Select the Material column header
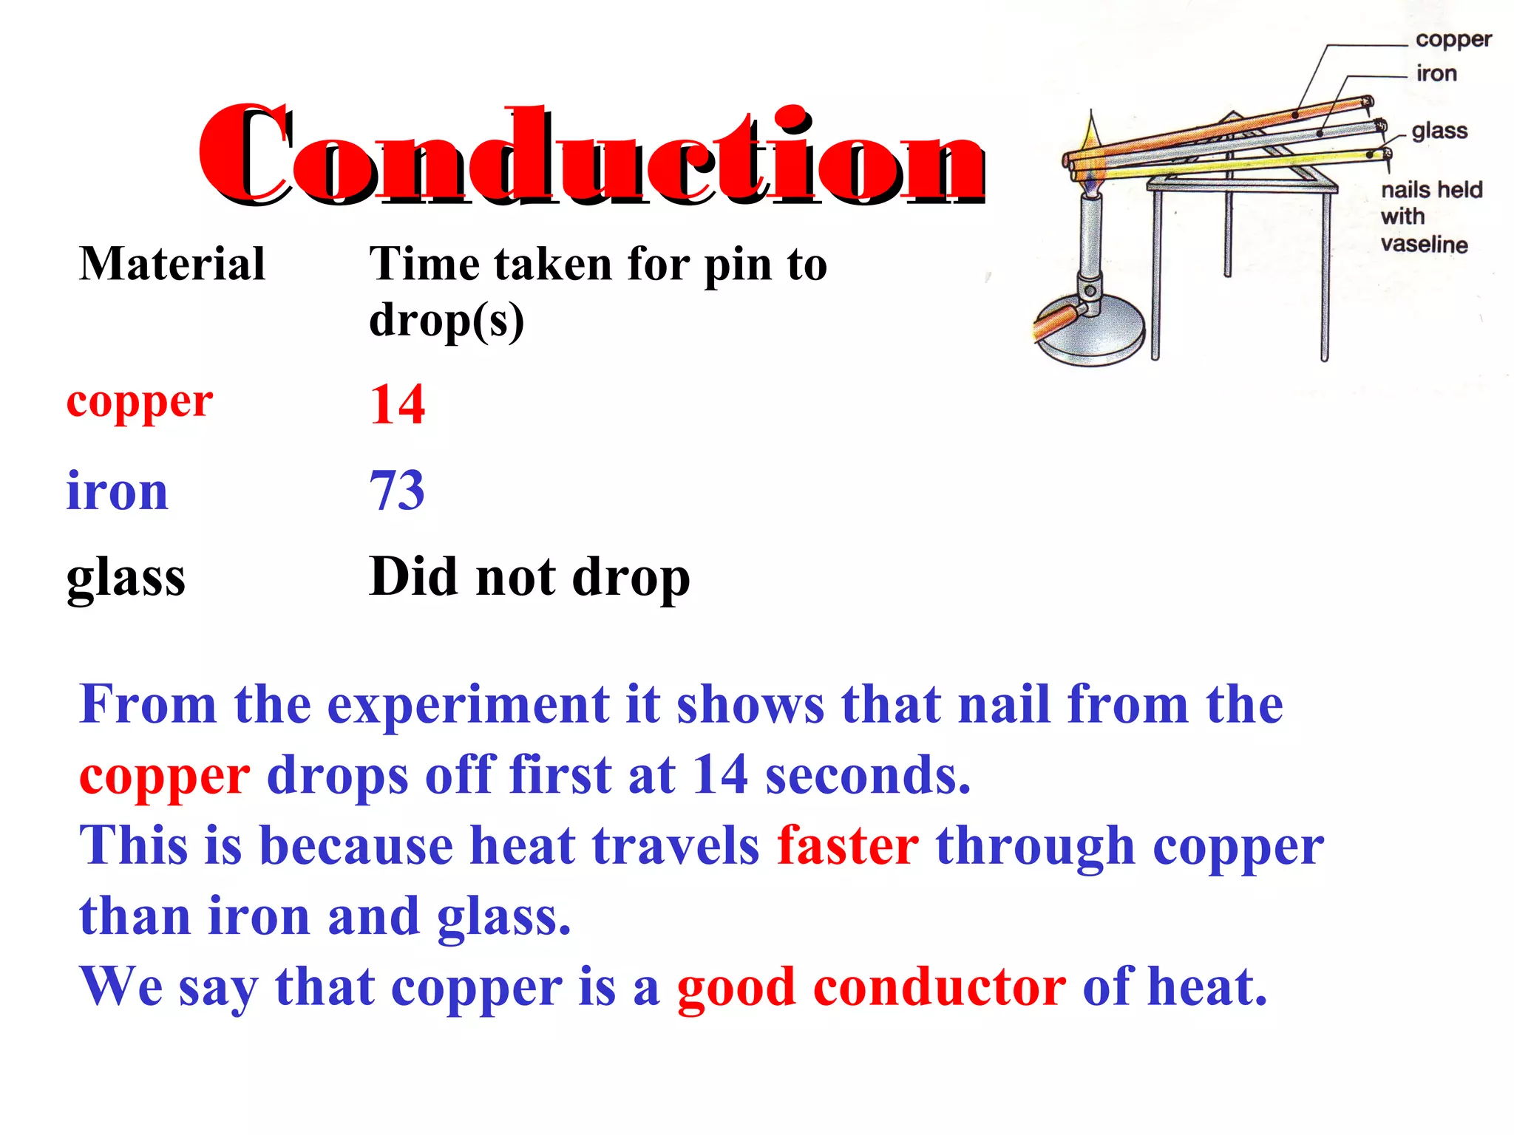172,264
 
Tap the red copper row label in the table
140,403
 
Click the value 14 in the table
398,405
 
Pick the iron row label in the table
117,491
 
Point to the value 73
398,491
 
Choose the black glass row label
126,577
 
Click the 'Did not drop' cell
529,577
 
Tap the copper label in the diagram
1453,39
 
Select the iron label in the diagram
1436,73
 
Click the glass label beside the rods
1439,131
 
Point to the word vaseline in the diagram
1424,245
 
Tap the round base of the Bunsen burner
1090,333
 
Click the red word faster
848,845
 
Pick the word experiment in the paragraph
469,705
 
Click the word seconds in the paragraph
867,776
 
